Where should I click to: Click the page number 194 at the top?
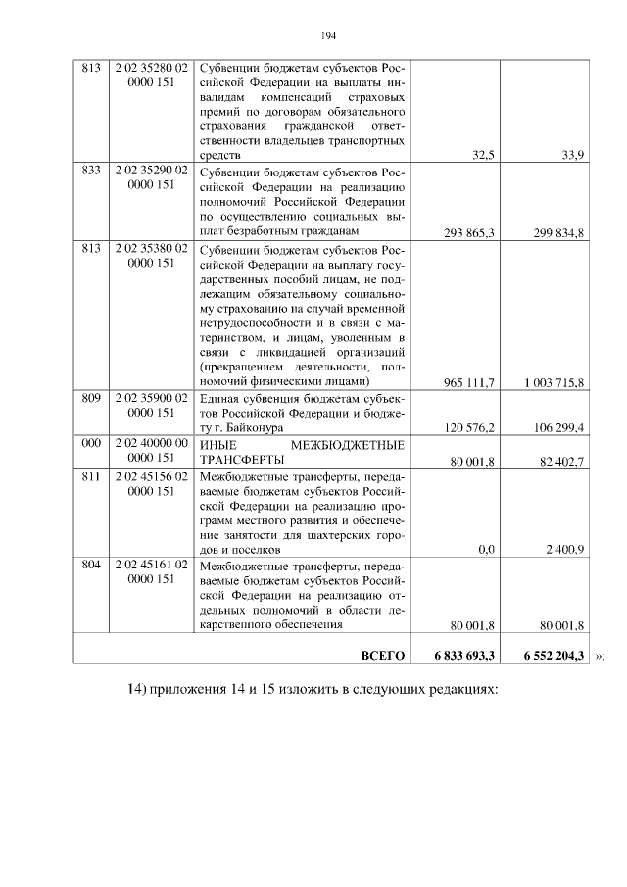[328, 36]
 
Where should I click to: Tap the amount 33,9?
[567, 155]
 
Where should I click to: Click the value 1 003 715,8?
[555, 381]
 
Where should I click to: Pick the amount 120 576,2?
[468, 428]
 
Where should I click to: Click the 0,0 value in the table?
[484, 551]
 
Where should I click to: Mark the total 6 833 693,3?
[464, 655]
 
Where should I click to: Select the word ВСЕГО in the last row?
[383, 655]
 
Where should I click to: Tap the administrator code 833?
[92, 170]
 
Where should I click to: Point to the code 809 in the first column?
[92, 398]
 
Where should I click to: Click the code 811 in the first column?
[92, 475]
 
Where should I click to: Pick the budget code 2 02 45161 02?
[152, 566]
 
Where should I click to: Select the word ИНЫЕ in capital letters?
[221, 444]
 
